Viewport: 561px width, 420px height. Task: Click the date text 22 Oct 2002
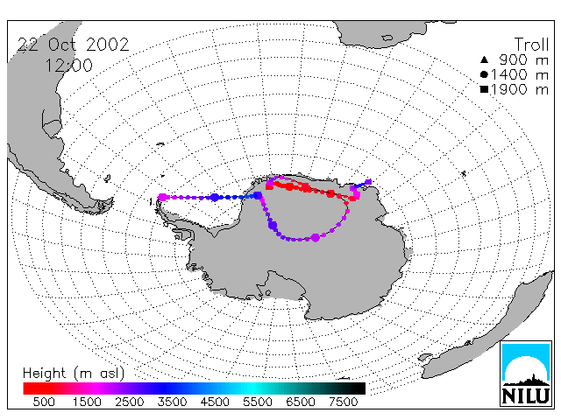(x=73, y=45)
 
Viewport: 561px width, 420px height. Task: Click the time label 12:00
(x=68, y=66)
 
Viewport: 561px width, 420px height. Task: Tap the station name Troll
(x=531, y=45)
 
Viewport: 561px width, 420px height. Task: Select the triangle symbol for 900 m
(x=484, y=59)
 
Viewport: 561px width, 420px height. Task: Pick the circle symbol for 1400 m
(x=484, y=74)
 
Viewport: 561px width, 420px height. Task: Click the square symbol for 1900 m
(x=484, y=89)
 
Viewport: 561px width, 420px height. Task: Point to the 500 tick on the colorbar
(x=44, y=402)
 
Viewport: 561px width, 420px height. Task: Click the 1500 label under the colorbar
(x=87, y=402)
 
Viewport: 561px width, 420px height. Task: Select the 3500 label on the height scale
(x=172, y=402)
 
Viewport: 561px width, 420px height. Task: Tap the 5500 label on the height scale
(x=258, y=402)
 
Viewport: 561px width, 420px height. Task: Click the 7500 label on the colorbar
(x=343, y=402)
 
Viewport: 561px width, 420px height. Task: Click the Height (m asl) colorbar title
(x=74, y=374)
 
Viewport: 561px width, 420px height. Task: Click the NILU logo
(x=526, y=374)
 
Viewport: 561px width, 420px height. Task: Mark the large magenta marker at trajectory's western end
(x=163, y=197)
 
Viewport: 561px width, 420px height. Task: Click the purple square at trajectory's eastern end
(x=368, y=182)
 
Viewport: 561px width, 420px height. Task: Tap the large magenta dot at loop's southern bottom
(x=316, y=237)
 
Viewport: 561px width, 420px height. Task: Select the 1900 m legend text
(x=520, y=89)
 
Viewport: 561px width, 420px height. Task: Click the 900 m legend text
(x=524, y=59)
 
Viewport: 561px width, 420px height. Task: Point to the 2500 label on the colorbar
(x=130, y=402)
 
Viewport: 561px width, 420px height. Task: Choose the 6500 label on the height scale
(x=301, y=402)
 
